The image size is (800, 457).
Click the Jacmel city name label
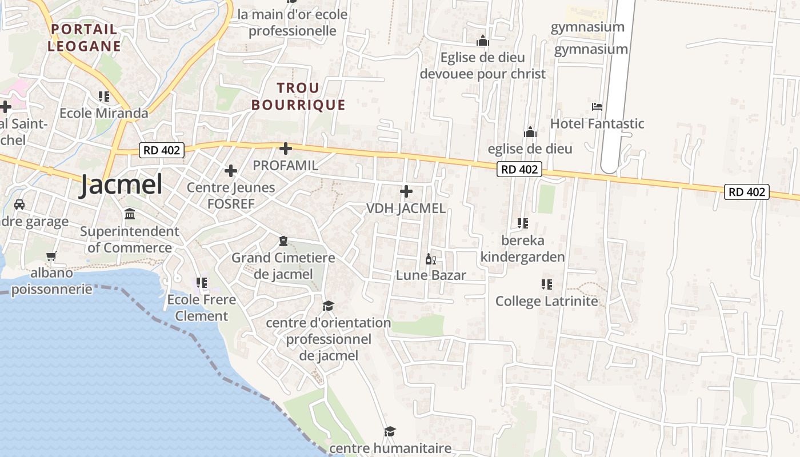pos(121,185)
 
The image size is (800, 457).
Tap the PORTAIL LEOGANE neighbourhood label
pos(84,38)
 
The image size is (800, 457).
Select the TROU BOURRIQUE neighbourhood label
pos(298,97)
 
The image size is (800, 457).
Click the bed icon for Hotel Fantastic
pos(597,107)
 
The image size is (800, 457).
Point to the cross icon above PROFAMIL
pos(286,149)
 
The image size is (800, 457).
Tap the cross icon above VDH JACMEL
pos(406,191)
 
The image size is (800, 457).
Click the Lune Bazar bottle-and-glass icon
pos(431,260)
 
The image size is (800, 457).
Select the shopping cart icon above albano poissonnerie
pos(51,256)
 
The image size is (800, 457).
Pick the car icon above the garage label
pos(19,205)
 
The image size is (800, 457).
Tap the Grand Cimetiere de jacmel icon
pos(283,242)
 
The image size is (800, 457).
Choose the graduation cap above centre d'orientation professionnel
pos(328,306)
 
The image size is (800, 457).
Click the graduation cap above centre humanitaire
pos(390,431)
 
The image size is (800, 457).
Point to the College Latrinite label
pos(546,301)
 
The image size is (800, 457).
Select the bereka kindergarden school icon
pos(522,223)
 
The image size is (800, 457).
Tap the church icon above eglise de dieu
pos(530,133)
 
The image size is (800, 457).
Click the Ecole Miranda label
pos(103,113)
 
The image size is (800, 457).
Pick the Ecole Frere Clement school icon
pos(201,283)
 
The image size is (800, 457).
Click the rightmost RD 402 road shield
pos(747,192)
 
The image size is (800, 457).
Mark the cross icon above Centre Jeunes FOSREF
pos(231,171)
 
